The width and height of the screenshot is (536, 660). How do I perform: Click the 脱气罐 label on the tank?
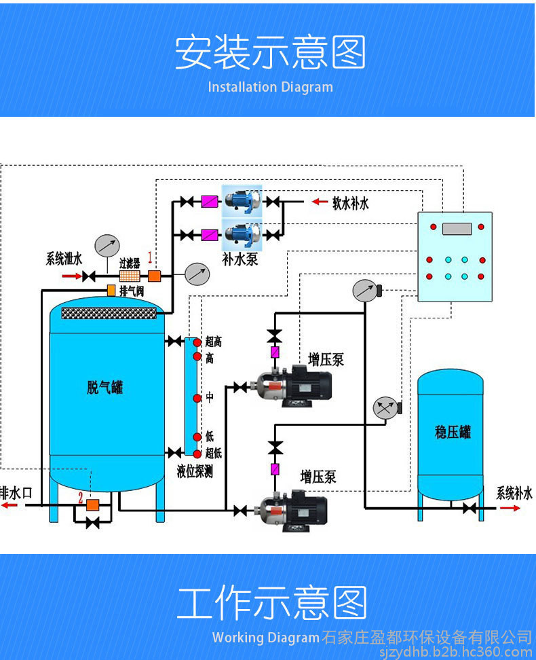tap(105, 388)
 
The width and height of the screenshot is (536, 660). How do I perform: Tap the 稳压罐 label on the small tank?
tap(453, 432)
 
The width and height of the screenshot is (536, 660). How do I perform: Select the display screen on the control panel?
tap(457, 228)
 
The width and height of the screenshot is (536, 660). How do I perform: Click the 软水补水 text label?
tap(351, 202)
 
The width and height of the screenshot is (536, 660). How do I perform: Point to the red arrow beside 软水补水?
tap(319, 202)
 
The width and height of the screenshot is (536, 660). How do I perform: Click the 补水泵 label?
tap(240, 259)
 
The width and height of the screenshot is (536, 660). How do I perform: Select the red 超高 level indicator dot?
tap(197, 342)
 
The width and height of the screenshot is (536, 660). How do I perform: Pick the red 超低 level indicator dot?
tap(197, 454)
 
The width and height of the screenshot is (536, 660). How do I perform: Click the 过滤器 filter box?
tap(129, 276)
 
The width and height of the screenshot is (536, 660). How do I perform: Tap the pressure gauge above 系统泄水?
tap(107, 244)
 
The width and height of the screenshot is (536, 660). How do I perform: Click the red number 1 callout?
tap(150, 257)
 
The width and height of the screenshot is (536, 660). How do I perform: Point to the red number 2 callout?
tap(81, 498)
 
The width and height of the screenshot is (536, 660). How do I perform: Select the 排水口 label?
tap(16, 492)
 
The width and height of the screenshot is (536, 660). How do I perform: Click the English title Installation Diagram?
tap(270, 87)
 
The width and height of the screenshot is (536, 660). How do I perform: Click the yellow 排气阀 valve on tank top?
tap(111, 291)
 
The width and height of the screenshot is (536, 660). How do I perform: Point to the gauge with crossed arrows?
tap(385, 408)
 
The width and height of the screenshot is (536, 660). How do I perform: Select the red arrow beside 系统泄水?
tap(71, 276)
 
